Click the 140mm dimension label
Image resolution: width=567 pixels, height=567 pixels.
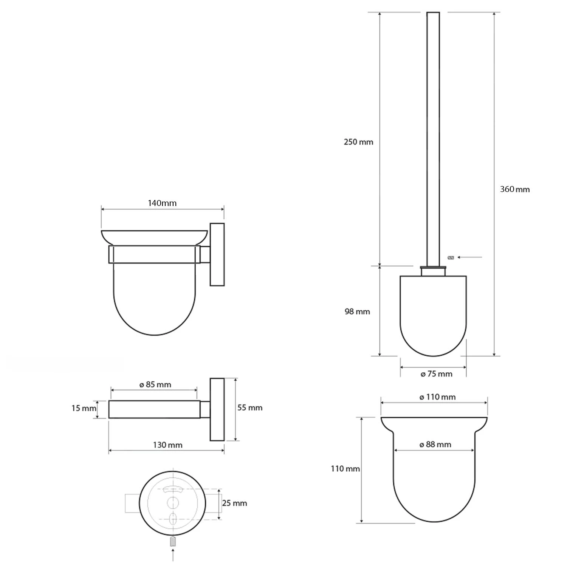[162, 203]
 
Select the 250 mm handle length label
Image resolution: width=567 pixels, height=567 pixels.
[358, 142]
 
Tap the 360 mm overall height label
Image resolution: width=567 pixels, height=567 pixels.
[514, 189]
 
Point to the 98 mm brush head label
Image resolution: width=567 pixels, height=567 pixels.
[357, 312]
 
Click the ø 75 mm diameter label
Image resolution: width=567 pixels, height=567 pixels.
[436, 374]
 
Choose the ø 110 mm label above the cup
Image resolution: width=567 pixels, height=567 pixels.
[437, 397]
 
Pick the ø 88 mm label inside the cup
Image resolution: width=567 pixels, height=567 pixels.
[435, 445]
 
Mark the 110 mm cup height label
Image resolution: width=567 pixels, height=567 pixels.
[345, 469]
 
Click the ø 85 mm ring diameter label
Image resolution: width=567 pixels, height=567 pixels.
[155, 385]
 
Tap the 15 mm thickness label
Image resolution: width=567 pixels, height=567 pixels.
[84, 408]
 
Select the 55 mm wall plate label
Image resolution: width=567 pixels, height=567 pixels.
[249, 407]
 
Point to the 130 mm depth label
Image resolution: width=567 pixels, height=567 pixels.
[167, 445]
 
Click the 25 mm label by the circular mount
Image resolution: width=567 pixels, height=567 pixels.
[234, 503]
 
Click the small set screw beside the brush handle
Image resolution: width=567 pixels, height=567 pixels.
[450, 258]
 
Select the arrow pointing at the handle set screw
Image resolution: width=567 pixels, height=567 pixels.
[469, 257]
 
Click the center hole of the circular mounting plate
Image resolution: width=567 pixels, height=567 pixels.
[173, 503]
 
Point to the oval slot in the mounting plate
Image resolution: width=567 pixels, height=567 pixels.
[173, 519]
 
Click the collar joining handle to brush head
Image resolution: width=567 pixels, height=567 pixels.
[434, 271]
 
